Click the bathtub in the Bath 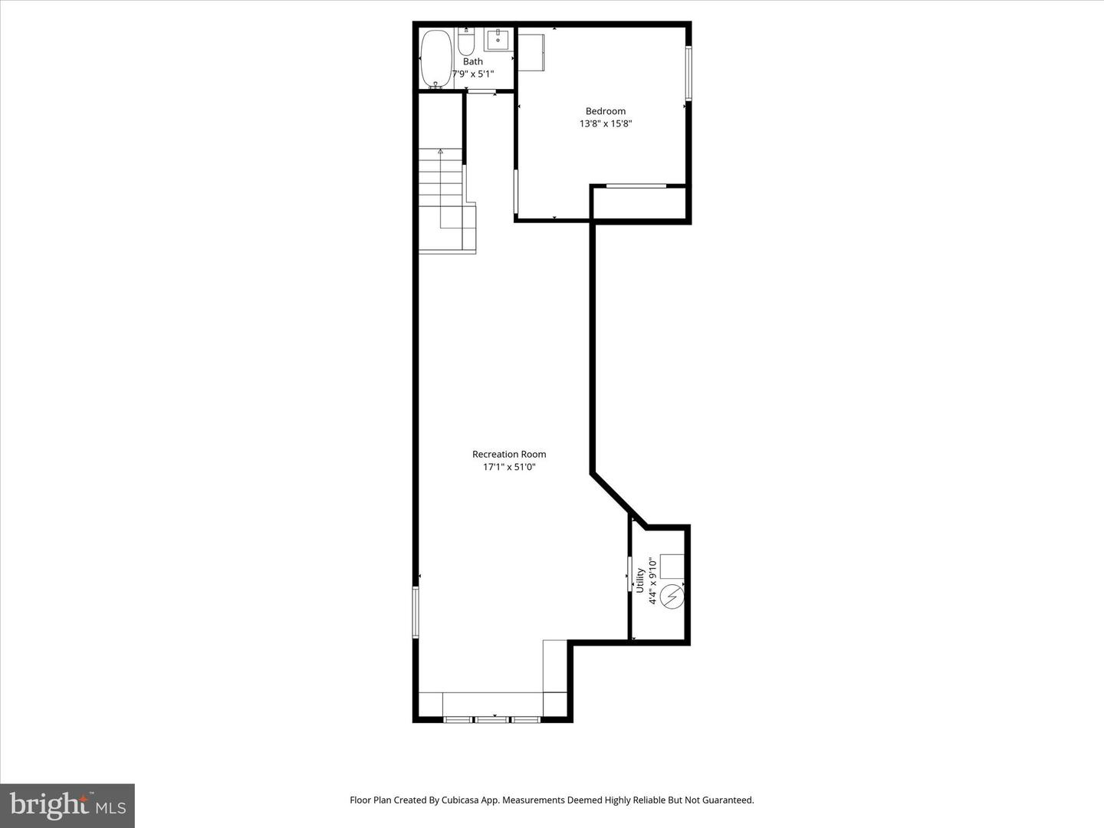[436, 60]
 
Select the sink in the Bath [499, 39]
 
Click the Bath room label [473, 61]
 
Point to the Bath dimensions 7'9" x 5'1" [473, 74]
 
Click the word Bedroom [606, 111]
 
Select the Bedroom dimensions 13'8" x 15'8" [606, 123]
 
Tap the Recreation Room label [509, 455]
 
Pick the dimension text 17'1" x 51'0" [509, 467]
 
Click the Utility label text [640, 580]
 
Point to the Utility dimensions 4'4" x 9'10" [653, 580]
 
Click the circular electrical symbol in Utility [671, 596]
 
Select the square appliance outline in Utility [672, 566]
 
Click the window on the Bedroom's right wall [688, 74]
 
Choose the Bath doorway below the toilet [481, 92]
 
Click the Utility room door [629, 574]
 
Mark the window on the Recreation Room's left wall [416, 613]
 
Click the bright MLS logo [67, 805]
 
